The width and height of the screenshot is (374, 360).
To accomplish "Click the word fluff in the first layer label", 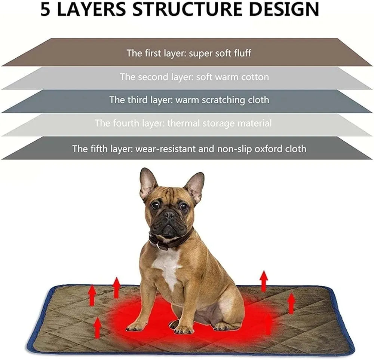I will (x=242, y=53).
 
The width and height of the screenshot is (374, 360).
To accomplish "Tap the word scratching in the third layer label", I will (x=224, y=100).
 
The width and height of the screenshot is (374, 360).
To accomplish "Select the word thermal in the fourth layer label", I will (x=184, y=123).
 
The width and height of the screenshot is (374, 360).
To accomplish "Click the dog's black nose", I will (x=169, y=215).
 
